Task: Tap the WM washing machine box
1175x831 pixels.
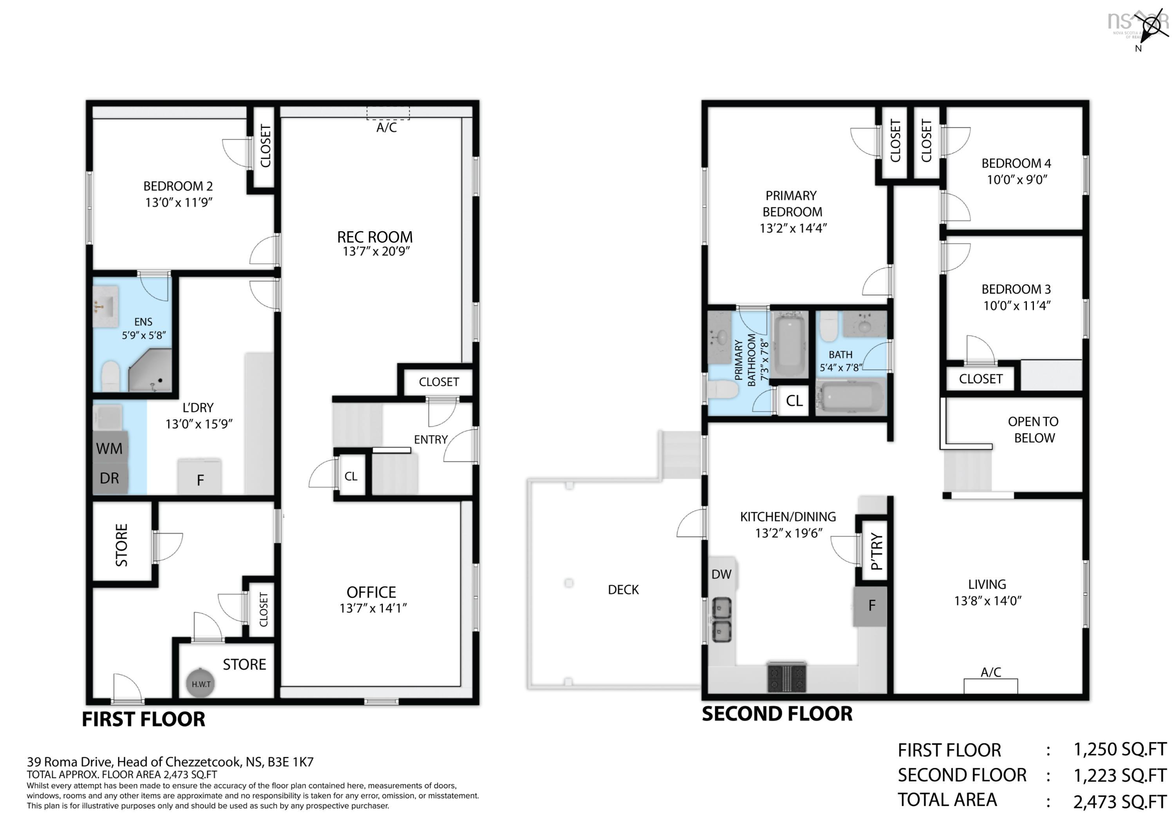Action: click(110, 448)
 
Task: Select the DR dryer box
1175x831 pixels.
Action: click(110, 478)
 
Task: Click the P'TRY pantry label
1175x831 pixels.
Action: click(876, 552)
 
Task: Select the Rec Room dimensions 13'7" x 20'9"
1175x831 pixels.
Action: click(376, 251)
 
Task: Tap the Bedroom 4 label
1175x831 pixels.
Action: click(1016, 163)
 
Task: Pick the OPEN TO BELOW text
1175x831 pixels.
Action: click(1033, 430)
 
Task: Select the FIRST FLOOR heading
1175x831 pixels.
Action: click(143, 719)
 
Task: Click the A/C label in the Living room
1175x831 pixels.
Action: click(990, 672)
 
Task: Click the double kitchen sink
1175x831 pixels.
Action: click(721, 620)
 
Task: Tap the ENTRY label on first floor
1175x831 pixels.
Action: click(430, 439)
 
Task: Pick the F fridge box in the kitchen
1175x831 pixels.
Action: click(871, 606)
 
